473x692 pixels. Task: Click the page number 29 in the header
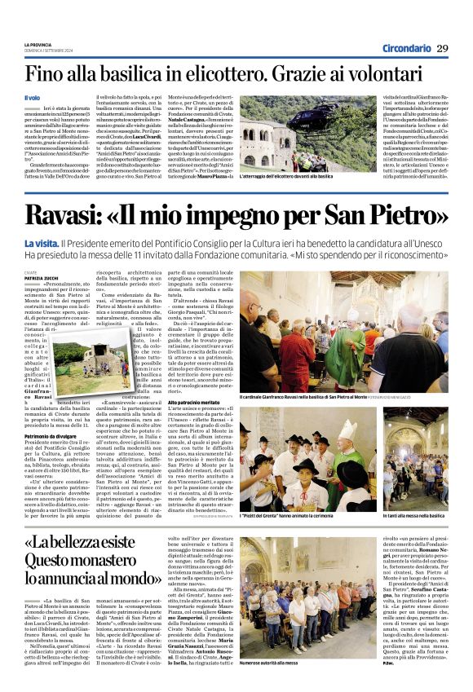(441, 47)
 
